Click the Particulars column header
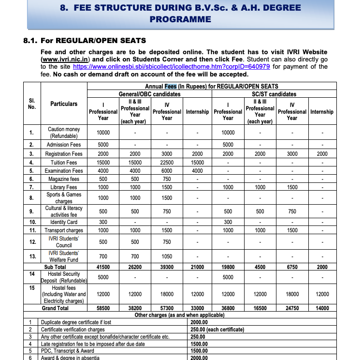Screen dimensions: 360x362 [x=64, y=104]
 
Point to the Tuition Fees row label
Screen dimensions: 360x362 [x=64, y=163]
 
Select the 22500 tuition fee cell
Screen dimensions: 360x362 [x=167, y=163]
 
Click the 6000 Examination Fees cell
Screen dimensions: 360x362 [x=167, y=171]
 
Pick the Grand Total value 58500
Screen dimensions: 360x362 [x=103, y=308]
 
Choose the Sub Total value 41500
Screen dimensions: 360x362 [x=103, y=267]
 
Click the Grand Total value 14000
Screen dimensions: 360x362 [x=322, y=308]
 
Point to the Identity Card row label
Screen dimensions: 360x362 [x=64, y=223]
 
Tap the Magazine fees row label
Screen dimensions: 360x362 [x=64, y=179]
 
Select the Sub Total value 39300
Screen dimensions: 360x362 [x=167, y=267]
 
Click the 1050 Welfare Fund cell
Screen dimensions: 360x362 [x=167, y=256]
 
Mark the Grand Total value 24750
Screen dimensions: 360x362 [x=292, y=308]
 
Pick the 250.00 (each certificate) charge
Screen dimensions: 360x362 [x=217, y=329]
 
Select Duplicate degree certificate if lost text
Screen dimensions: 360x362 [x=76, y=322]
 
